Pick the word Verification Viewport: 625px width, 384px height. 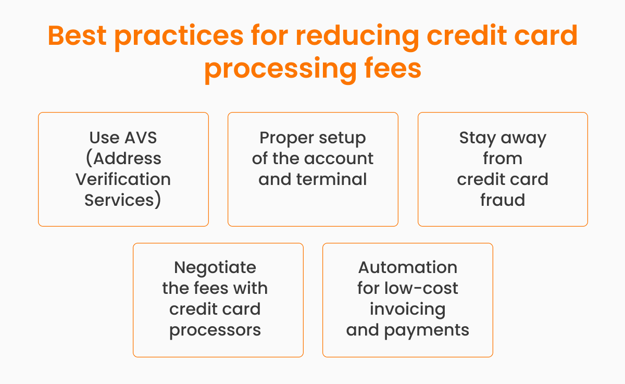[x=123, y=179]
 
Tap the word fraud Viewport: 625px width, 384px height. [x=503, y=200]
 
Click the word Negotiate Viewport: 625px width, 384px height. [x=215, y=268]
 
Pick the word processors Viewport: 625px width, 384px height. [x=215, y=330]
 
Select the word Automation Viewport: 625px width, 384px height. [x=408, y=268]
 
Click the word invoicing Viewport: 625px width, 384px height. [x=408, y=309]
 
